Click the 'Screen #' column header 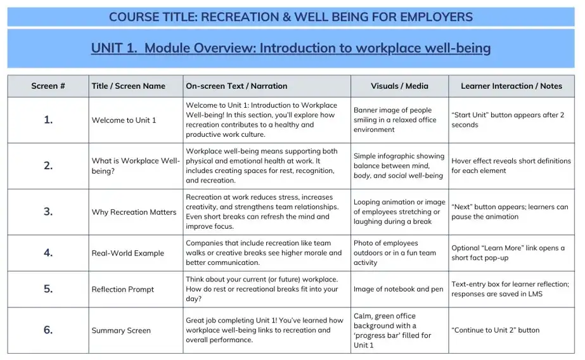[x=48, y=86]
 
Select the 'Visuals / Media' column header [x=399, y=86]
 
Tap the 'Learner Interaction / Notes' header [x=511, y=86]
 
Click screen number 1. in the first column [x=48, y=120]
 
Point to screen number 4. [x=48, y=252]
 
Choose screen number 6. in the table [x=48, y=330]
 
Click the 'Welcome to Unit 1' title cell [x=124, y=120]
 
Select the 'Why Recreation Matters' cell [x=134, y=212]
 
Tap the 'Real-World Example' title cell [x=127, y=253]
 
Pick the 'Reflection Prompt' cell [x=122, y=290]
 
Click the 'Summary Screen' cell [x=121, y=330]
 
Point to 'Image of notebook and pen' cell [x=398, y=290]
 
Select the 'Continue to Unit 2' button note [x=495, y=330]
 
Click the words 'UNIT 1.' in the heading [x=113, y=48]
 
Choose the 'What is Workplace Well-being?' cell [x=135, y=166]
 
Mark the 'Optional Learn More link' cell [x=508, y=253]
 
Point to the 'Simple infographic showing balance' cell [x=398, y=166]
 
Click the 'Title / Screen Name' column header [x=128, y=86]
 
